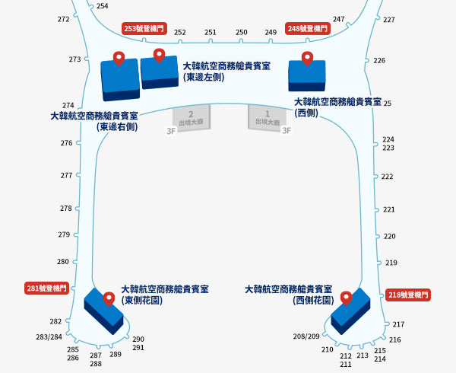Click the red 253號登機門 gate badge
click(144, 28)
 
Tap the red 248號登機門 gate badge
click(308, 28)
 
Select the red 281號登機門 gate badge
click(47, 289)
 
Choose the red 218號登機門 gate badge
click(408, 295)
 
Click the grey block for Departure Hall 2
click(192, 118)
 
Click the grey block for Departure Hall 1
click(267, 118)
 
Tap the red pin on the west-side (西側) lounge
click(307, 59)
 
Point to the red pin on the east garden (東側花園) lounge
click(109, 299)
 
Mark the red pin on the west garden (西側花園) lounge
click(346, 298)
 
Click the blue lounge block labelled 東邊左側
click(160, 73)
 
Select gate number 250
click(242, 32)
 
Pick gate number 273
click(74, 59)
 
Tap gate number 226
click(379, 61)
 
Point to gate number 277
click(66, 176)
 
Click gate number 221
click(389, 209)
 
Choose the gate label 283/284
click(49, 337)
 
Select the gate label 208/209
click(306, 336)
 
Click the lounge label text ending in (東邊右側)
click(94, 122)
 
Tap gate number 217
click(398, 324)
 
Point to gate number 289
click(116, 355)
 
